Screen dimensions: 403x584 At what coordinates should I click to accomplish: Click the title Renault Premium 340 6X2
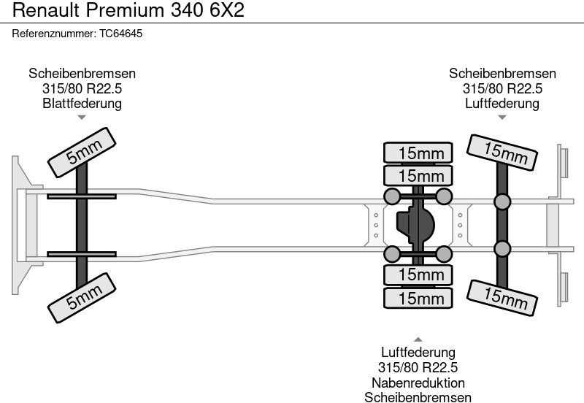point(128,10)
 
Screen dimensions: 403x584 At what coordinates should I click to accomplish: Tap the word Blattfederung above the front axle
point(82,103)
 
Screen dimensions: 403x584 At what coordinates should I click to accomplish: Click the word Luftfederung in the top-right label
point(502,103)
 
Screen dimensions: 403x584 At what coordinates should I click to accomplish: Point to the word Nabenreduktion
point(418,383)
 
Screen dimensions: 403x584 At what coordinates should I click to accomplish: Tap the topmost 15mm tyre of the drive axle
point(418,153)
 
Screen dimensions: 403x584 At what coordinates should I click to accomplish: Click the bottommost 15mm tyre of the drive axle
point(418,298)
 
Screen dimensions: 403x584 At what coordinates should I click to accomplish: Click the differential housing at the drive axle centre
point(414,226)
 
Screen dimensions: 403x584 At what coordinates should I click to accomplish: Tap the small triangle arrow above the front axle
point(82,117)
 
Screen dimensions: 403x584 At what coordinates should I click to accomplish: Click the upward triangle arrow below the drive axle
point(418,339)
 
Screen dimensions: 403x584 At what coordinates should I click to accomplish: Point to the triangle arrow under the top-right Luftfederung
point(502,117)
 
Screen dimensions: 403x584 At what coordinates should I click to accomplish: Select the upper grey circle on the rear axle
point(502,202)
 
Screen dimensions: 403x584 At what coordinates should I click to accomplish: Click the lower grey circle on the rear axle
point(502,248)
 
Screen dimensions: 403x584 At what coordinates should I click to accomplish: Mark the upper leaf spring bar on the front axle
point(81,196)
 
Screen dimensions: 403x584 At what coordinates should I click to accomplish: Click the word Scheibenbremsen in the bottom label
point(418,397)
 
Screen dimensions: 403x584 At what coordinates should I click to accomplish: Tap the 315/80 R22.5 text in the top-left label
point(82,88)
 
